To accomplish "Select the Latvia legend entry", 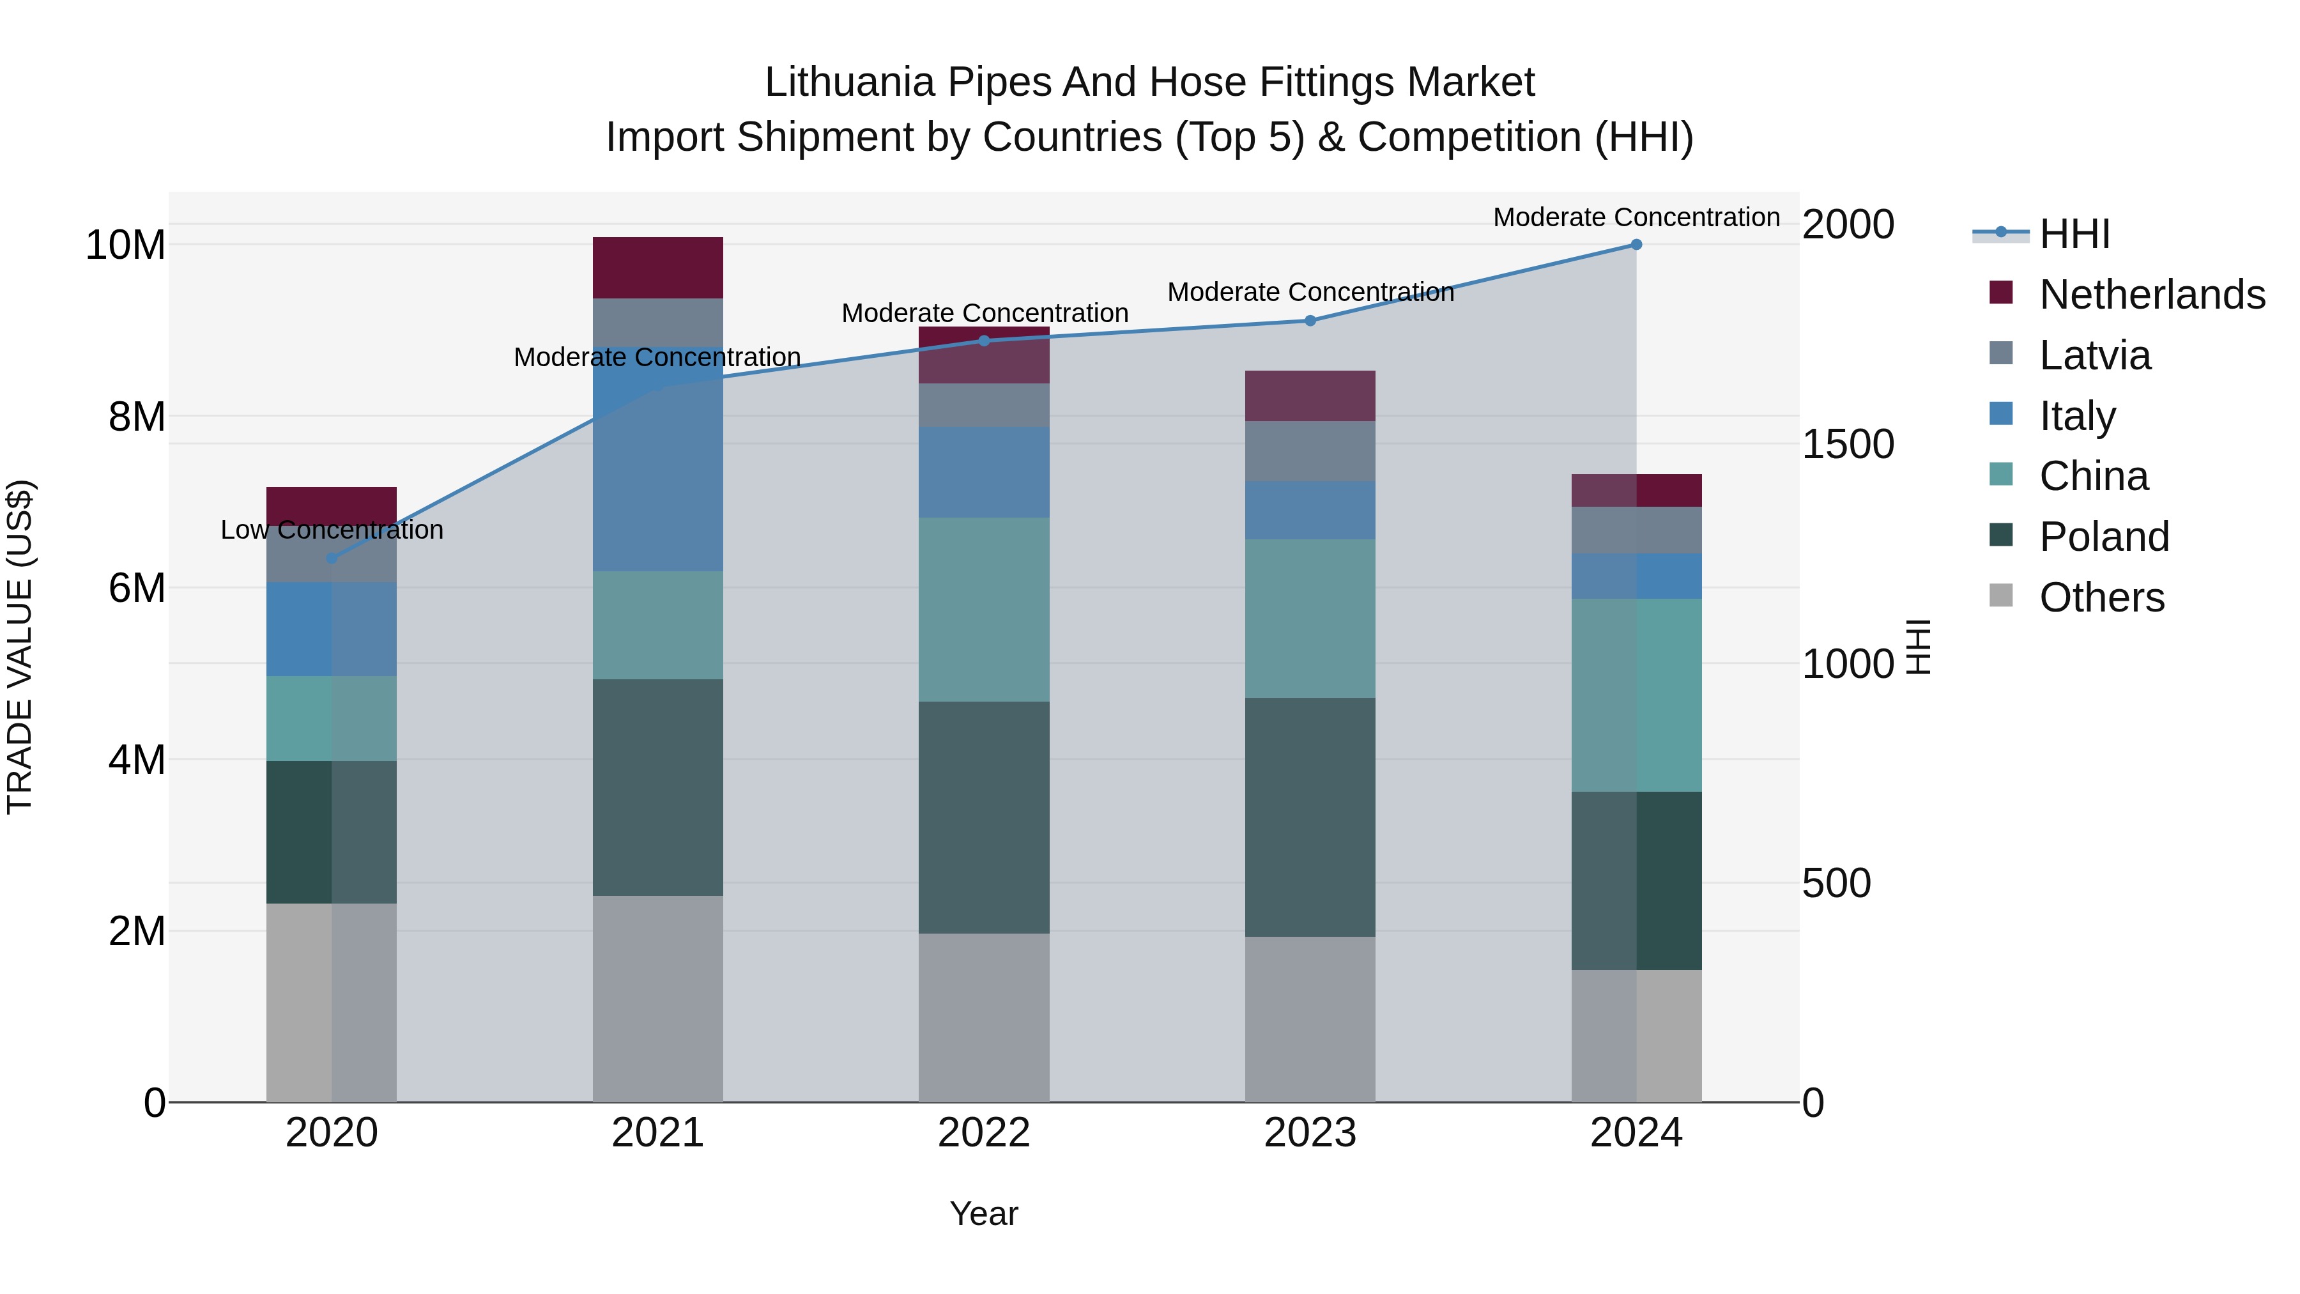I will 2094,355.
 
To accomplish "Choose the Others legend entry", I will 2101,597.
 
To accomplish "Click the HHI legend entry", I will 2073,234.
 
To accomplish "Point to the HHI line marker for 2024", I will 1636,244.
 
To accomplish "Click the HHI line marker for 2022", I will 984,340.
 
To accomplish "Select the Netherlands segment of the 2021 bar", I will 657,267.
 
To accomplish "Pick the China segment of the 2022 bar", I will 984,609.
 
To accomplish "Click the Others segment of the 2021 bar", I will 657,998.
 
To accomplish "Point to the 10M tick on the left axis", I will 125,245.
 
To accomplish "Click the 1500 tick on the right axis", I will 1847,444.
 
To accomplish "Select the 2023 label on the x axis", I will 1309,1133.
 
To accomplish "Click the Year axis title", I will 984,1213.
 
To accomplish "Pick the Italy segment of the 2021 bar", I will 657,459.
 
